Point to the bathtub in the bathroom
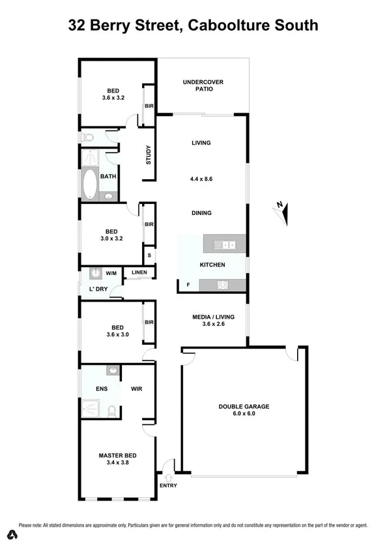point(89,184)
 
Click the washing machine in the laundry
point(96,273)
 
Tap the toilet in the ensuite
point(112,411)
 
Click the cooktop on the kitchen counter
point(223,284)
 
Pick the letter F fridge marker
point(188,285)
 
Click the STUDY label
point(149,156)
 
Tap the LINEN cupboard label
point(139,272)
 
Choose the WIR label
point(136,389)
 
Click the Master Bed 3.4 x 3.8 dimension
point(117,464)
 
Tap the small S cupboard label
point(149,255)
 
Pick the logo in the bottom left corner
point(11,535)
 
